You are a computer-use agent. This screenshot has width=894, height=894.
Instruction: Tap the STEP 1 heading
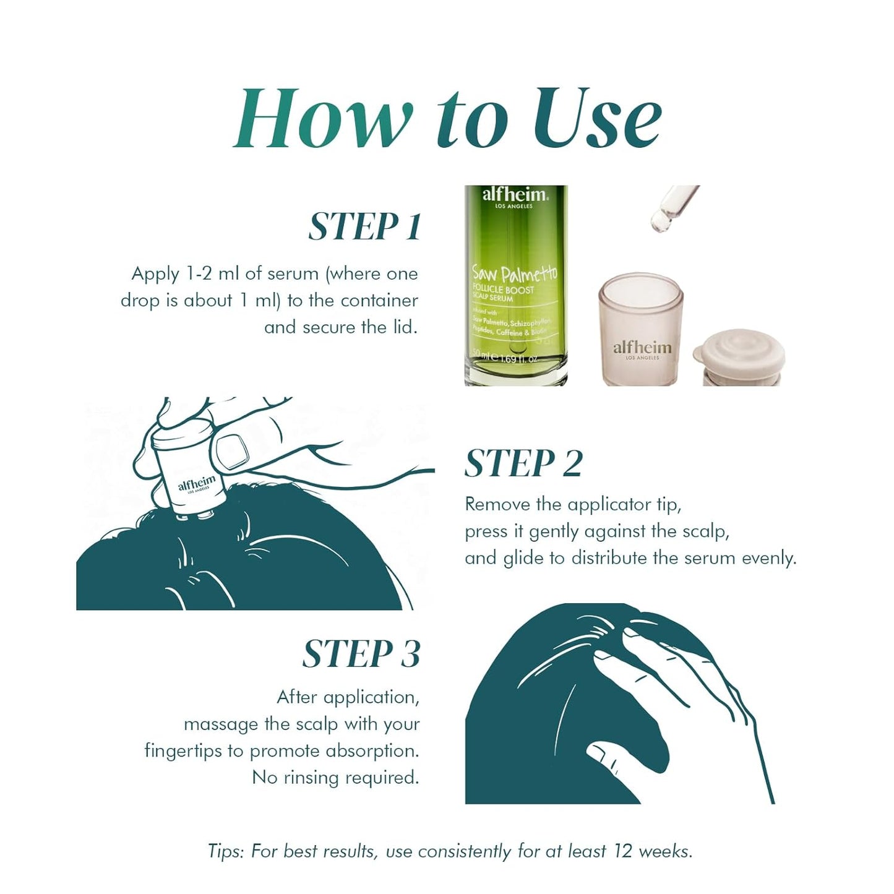click(365, 226)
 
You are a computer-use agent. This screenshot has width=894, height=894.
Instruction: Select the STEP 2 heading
click(523, 463)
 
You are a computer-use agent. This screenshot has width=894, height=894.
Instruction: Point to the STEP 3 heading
click(361, 654)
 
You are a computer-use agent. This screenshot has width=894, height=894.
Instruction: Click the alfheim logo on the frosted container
click(642, 348)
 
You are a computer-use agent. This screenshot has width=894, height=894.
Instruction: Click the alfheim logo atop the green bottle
click(515, 195)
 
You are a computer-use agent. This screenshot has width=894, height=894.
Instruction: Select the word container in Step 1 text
click(379, 301)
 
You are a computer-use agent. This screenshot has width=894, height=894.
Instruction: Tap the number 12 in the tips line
click(622, 851)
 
